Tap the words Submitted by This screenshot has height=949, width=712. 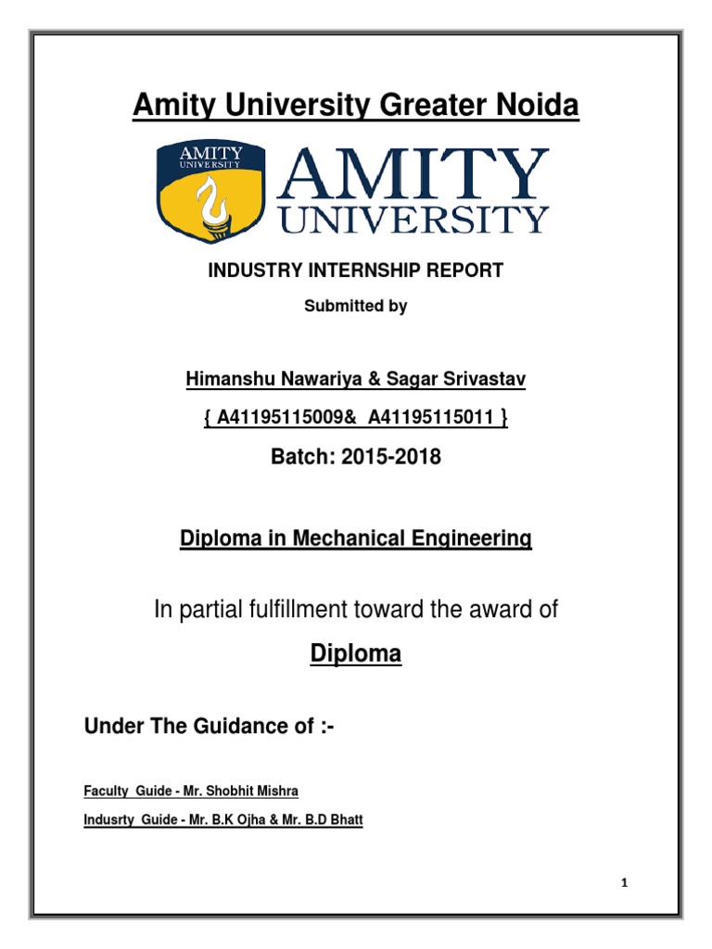coord(356,306)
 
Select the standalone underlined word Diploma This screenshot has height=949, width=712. coord(355,654)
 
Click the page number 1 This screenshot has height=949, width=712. coord(625,883)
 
